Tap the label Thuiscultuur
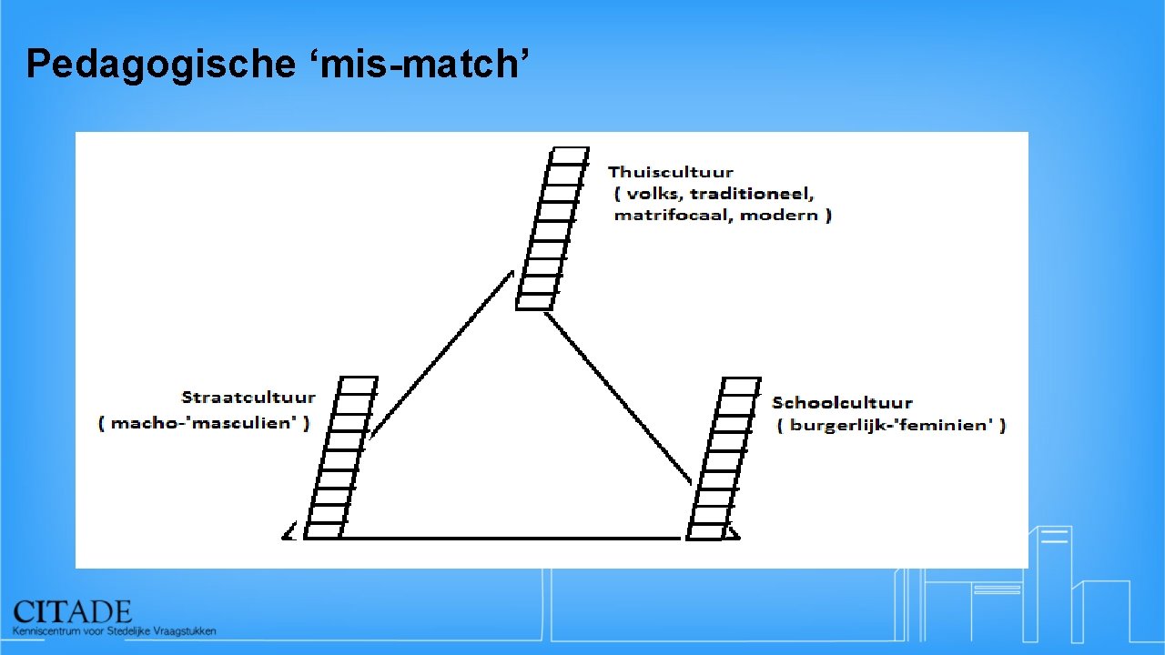pos(671,172)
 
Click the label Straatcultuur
pos(248,398)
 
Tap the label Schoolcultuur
pos(842,402)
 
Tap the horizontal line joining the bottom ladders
pos(510,539)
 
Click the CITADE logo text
pos(73,611)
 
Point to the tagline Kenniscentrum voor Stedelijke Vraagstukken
pos(115,630)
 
